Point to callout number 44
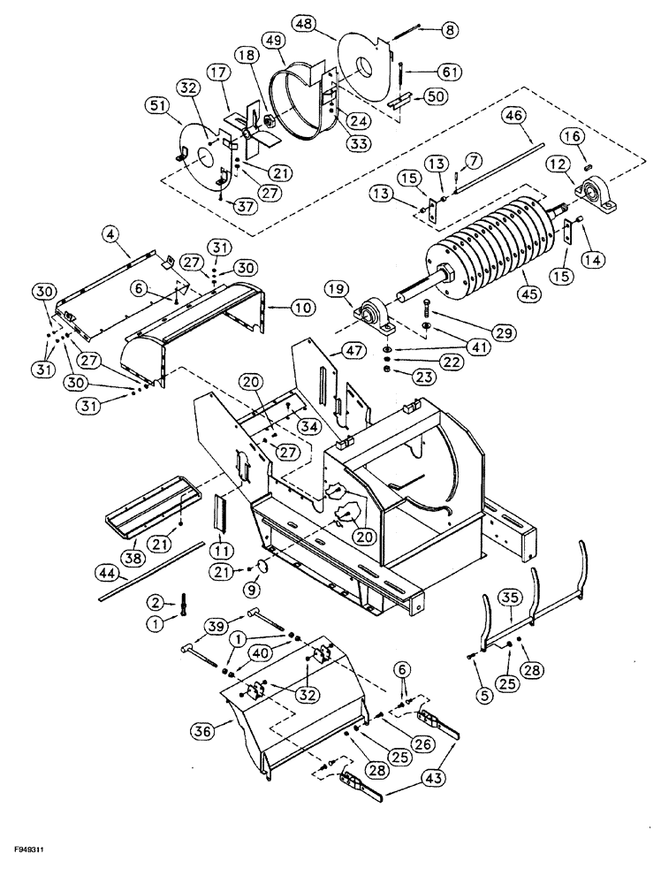(110, 575)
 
